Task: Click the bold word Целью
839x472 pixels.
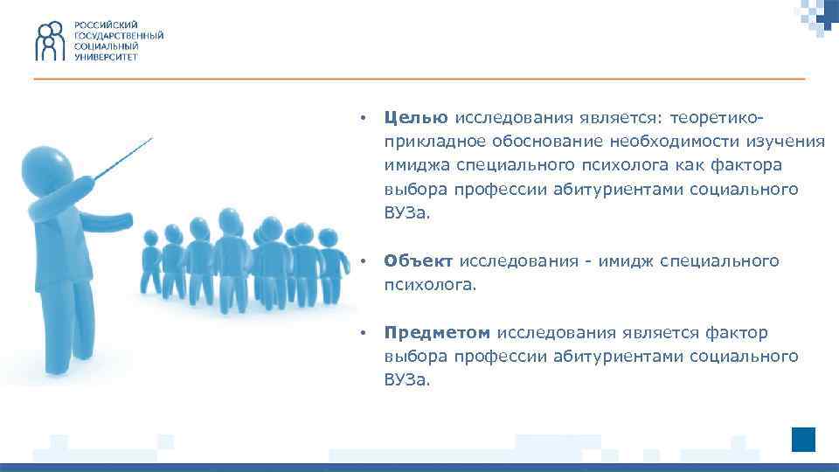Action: [416, 118]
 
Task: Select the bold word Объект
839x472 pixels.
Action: [419, 261]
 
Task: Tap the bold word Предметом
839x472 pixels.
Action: [438, 333]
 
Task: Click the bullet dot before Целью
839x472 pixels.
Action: [362, 118]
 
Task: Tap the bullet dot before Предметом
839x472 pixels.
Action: [362, 333]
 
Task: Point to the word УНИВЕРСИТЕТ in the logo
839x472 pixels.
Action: [105, 55]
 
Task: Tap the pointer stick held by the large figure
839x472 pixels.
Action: [122, 158]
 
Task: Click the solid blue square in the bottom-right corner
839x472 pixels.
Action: [803, 440]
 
